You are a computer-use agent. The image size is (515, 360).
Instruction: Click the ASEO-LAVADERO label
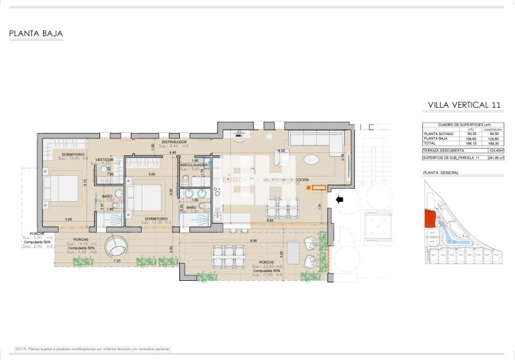point(195,165)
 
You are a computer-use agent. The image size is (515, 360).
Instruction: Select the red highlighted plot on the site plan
point(429,218)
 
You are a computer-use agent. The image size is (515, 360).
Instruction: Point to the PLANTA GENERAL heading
point(441,172)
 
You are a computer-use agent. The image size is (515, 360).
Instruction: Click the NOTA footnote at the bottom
point(93,348)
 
